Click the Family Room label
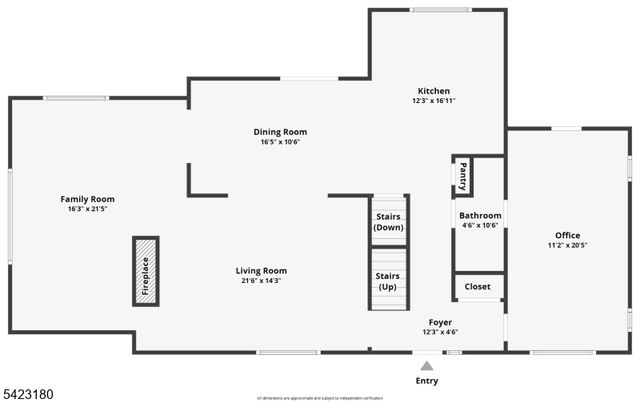tap(88, 199)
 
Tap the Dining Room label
tap(280, 132)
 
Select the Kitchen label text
tap(433, 91)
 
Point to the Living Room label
tap(261, 271)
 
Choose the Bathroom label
tap(480, 216)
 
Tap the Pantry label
tap(463, 177)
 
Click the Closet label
tap(478, 287)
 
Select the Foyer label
tap(440, 322)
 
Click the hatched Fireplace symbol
tap(146, 270)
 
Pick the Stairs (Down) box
tap(388, 222)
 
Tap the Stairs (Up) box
tap(388, 281)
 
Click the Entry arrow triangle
tap(427, 366)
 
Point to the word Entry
tap(427, 381)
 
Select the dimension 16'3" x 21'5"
tap(88, 209)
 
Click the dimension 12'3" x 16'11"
tap(433, 101)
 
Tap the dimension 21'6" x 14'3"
tap(261, 281)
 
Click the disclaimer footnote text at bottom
tap(319, 397)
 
